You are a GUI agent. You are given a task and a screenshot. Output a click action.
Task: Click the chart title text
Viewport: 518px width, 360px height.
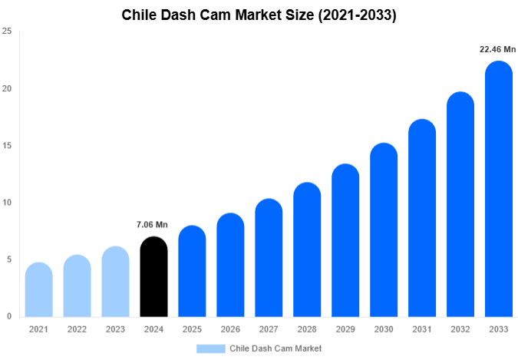pyautogui.click(x=259, y=15)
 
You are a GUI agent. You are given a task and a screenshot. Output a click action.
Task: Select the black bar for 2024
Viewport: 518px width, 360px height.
pyautogui.click(x=153, y=278)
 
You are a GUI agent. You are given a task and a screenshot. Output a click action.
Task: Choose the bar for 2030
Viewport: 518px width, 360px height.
pyautogui.click(x=384, y=230)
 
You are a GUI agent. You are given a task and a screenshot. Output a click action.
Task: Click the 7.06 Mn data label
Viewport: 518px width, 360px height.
pyautogui.click(x=152, y=225)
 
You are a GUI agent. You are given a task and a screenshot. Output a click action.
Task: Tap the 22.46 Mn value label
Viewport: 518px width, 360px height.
pyautogui.click(x=497, y=49)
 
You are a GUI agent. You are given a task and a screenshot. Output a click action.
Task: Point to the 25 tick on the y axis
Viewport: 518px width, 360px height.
pyautogui.click(x=7, y=31)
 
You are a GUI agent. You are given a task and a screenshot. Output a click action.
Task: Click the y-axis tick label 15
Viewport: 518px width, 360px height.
pyautogui.click(x=7, y=146)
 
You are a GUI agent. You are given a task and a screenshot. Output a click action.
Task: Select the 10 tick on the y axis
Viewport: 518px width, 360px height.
pyautogui.click(x=7, y=203)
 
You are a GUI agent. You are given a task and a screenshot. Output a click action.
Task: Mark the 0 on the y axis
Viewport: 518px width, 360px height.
pyautogui.click(x=8, y=316)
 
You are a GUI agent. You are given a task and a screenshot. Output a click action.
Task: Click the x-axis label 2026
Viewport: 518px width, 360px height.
pyautogui.click(x=230, y=329)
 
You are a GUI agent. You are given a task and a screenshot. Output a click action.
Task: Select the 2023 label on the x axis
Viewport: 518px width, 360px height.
pyautogui.click(x=115, y=329)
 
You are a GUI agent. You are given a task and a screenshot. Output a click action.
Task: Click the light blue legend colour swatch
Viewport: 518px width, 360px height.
pyautogui.click(x=211, y=348)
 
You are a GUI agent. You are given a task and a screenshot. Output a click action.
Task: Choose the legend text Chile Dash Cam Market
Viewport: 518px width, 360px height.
pyautogui.click(x=275, y=348)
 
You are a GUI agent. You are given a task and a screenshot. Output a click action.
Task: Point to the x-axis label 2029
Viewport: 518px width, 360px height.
pyautogui.click(x=345, y=329)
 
